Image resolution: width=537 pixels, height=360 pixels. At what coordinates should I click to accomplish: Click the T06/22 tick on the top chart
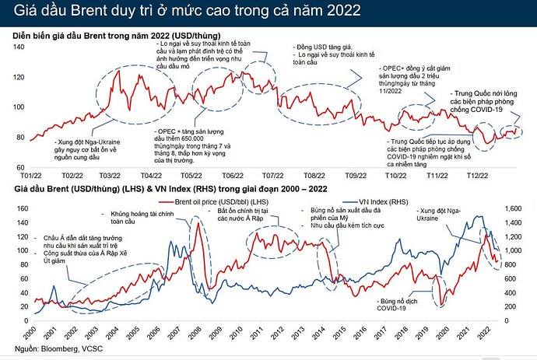231,177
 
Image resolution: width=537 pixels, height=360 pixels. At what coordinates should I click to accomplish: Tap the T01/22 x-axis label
31,177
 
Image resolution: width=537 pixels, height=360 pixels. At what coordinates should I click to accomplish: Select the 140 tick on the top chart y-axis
17,47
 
